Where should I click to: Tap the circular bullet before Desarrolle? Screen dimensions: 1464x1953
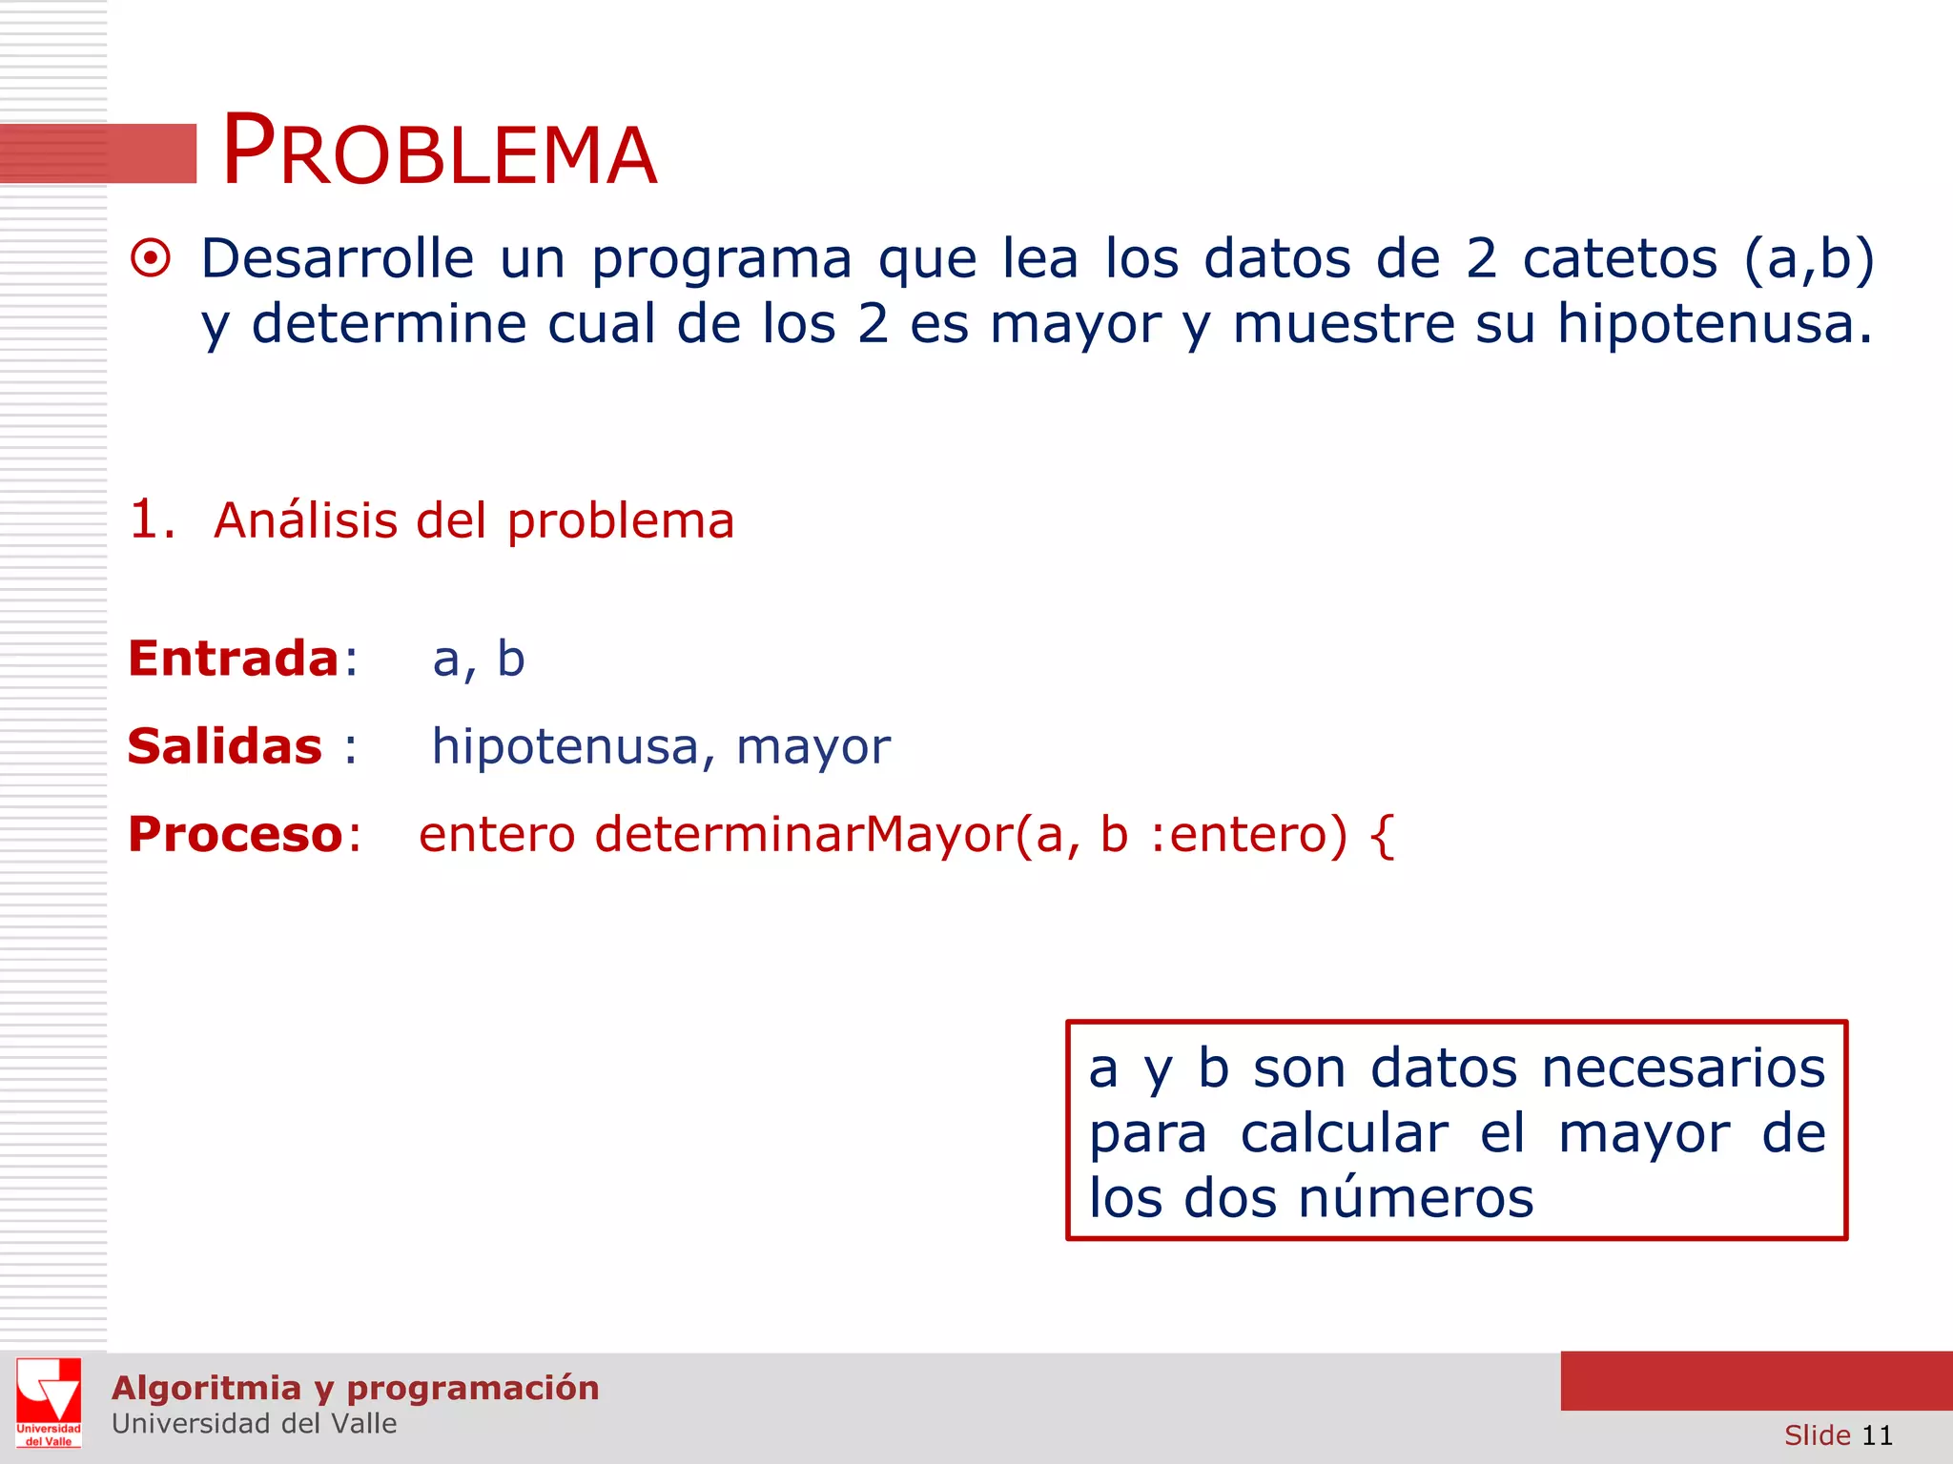tap(151, 259)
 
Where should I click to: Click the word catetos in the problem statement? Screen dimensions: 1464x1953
tap(1619, 259)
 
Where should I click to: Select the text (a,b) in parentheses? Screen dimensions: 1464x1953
tap(1809, 259)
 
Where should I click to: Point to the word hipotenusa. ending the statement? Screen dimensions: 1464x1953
tap(1714, 324)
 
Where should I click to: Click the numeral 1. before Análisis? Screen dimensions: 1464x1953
tap(153, 520)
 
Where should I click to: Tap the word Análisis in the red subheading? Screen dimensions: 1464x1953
tap(305, 520)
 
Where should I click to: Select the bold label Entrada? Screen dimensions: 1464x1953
tap(234, 659)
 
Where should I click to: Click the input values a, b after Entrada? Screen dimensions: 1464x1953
tap(479, 660)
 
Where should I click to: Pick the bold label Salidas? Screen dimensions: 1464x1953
tap(225, 746)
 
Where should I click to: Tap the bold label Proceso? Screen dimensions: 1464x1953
tap(236, 835)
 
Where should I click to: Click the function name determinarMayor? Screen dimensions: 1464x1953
tap(803, 835)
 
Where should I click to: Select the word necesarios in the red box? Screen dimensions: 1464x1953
tap(1683, 1068)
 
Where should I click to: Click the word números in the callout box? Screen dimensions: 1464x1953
tap(1416, 1198)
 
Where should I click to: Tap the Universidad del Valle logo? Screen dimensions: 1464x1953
tap(49, 1402)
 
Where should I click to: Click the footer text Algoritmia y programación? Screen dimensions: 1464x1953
tap(355, 1388)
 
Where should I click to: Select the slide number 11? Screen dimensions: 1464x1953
tap(1877, 1435)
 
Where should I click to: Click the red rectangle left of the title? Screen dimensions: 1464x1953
tap(98, 153)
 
